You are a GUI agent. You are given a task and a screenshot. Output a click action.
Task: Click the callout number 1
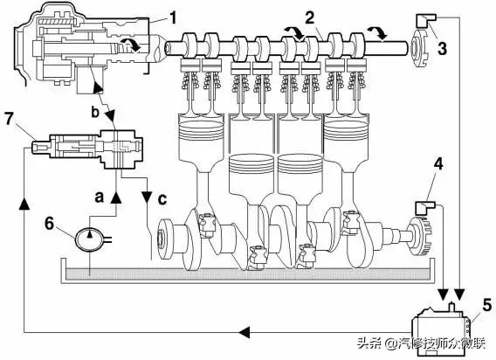coord(172,18)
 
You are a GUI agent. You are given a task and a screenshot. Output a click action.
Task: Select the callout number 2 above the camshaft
coord(310,17)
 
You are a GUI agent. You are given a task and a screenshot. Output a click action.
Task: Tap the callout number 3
coord(442,48)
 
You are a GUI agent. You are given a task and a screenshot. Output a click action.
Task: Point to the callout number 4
coord(438,164)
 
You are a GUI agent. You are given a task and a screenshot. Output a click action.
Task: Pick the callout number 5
coord(486,305)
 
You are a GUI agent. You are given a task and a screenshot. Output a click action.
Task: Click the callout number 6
coord(49,224)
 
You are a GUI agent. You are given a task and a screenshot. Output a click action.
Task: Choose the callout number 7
coord(9,119)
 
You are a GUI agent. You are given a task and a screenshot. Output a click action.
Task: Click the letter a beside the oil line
coord(100,197)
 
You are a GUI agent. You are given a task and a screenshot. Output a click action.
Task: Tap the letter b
coord(95,112)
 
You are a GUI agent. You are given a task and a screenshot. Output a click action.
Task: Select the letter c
coord(162,199)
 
